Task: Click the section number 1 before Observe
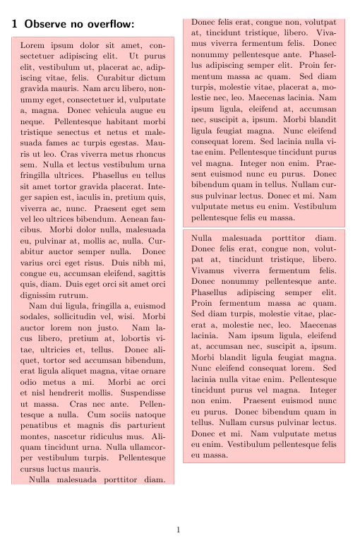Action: coord(15,24)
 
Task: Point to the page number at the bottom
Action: coord(179,529)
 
